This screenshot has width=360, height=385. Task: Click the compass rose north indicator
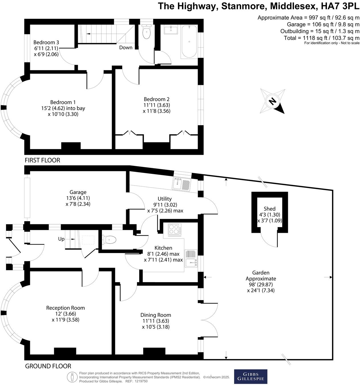click(x=273, y=101)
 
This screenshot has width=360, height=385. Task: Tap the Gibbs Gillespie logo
click(x=251, y=376)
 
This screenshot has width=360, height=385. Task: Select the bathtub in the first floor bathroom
click(x=189, y=42)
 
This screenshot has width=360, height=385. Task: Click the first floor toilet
click(x=146, y=32)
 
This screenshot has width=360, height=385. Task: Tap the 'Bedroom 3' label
click(x=46, y=42)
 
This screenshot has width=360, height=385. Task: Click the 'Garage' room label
click(x=78, y=192)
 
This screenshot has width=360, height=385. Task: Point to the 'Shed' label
click(x=269, y=209)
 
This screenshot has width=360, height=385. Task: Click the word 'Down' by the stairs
click(x=126, y=48)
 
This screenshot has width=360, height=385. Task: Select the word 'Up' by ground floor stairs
click(x=61, y=239)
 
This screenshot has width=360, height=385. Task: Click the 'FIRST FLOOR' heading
click(x=42, y=160)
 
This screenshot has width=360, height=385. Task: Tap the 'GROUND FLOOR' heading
click(x=48, y=366)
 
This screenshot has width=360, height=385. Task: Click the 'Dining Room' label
click(x=156, y=315)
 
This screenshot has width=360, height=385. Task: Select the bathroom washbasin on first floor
click(x=171, y=29)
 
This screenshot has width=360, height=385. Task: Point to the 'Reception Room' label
click(x=66, y=308)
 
